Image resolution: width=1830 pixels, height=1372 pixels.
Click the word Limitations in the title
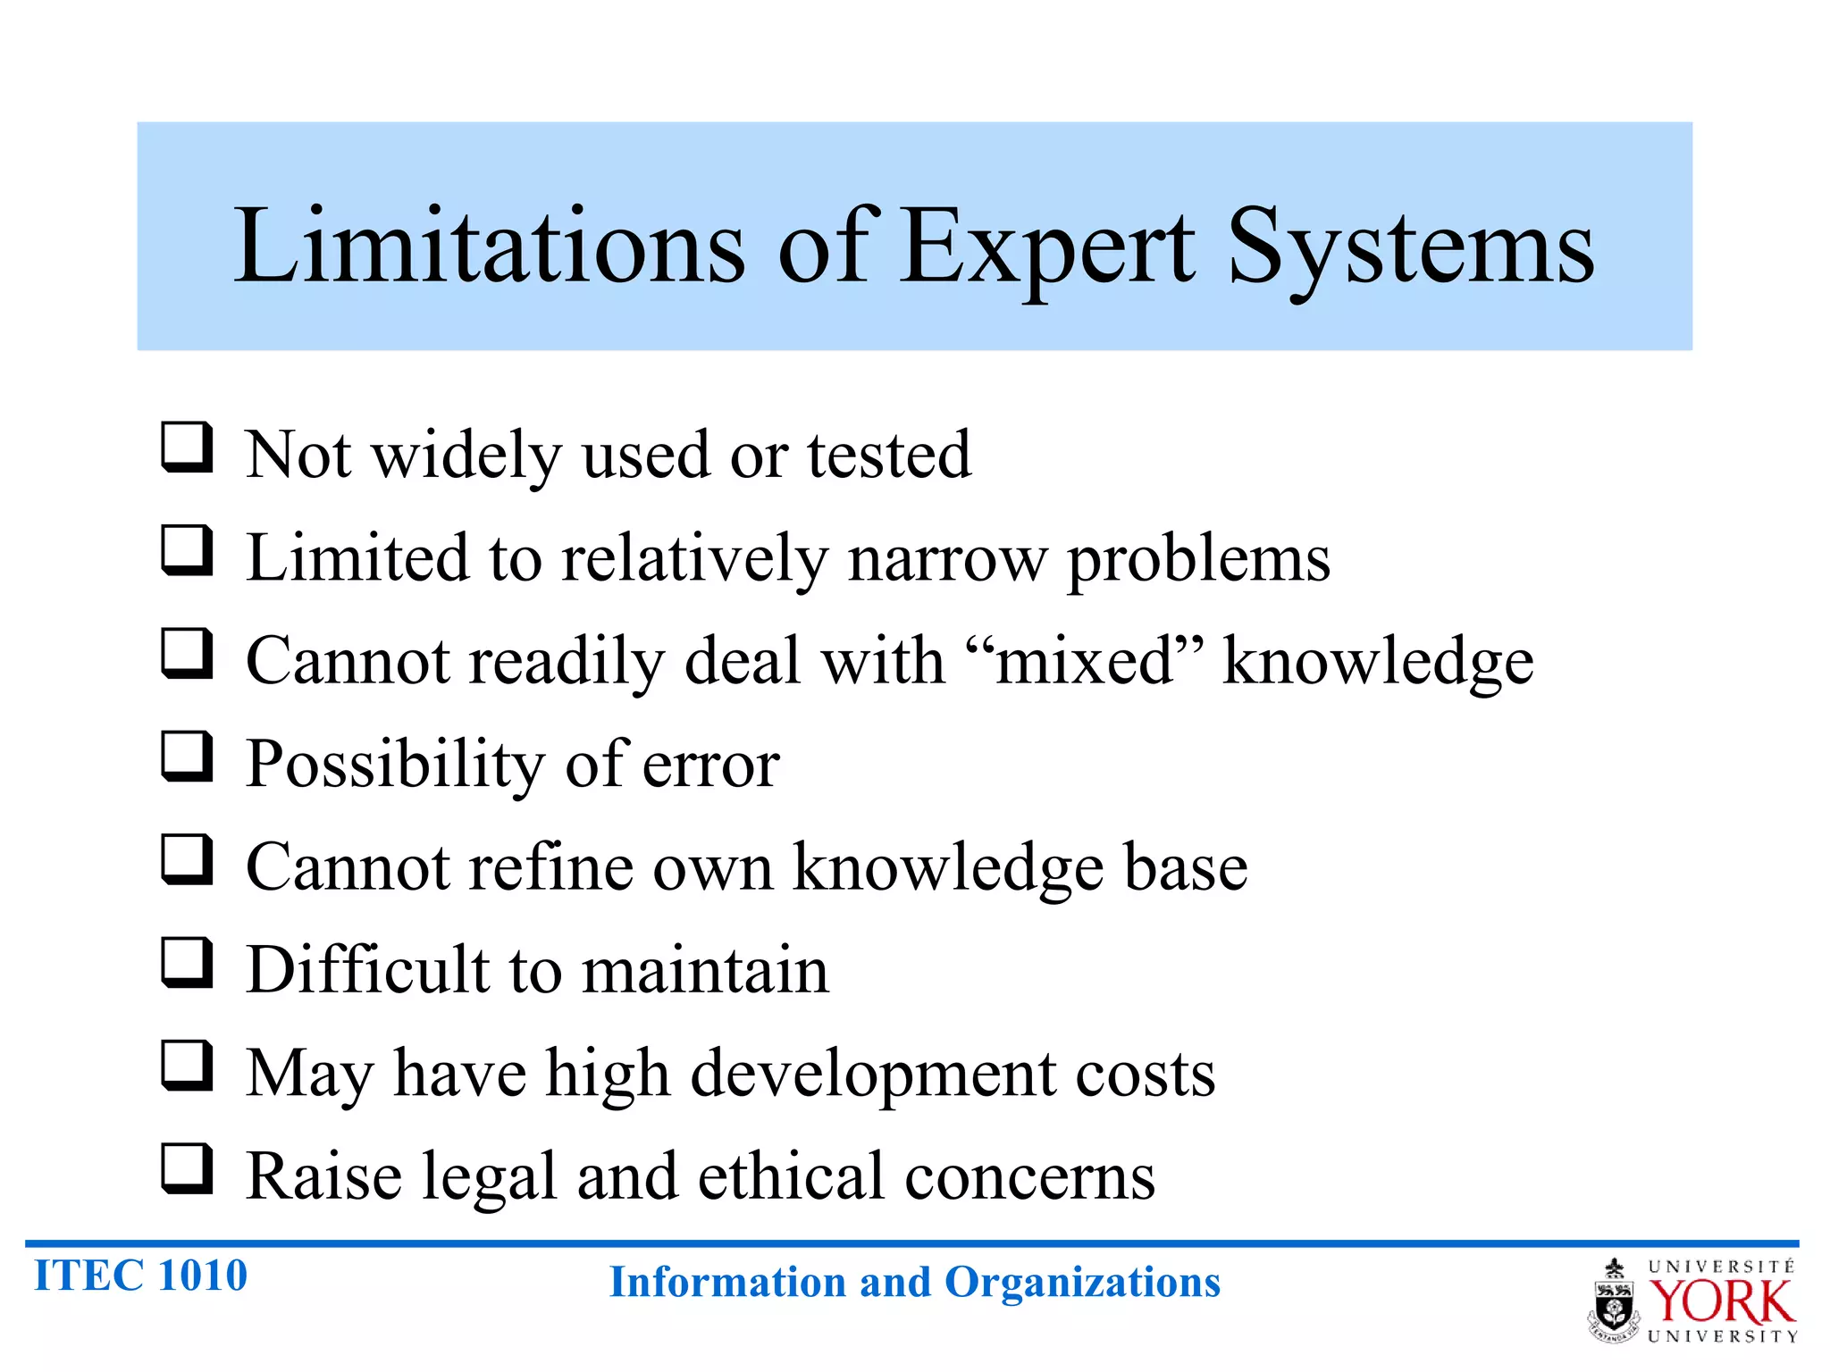[x=489, y=245]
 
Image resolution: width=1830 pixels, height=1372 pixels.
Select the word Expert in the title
[x=1046, y=247]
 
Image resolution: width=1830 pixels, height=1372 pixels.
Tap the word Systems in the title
[x=1412, y=247]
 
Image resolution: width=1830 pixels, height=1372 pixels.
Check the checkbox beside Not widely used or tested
[x=187, y=447]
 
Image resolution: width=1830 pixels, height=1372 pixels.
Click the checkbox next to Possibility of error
[x=187, y=756]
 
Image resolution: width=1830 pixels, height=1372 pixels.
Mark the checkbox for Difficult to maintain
[x=187, y=962]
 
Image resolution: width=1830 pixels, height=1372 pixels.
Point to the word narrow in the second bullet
[x=947, y=559]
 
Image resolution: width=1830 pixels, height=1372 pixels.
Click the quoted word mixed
[x=1085, y=662]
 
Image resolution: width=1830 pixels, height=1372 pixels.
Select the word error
[x=711, y=765]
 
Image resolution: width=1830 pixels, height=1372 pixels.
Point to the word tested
[x=889, y=456]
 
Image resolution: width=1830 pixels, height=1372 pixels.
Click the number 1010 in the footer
[x=202, y=1276]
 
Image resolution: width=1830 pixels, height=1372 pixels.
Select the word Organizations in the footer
[x=1082, y=1283]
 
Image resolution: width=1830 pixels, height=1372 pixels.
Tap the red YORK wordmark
[x=1721, y=1302]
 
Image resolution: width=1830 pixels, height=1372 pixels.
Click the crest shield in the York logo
[x=1614, y=1306]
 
